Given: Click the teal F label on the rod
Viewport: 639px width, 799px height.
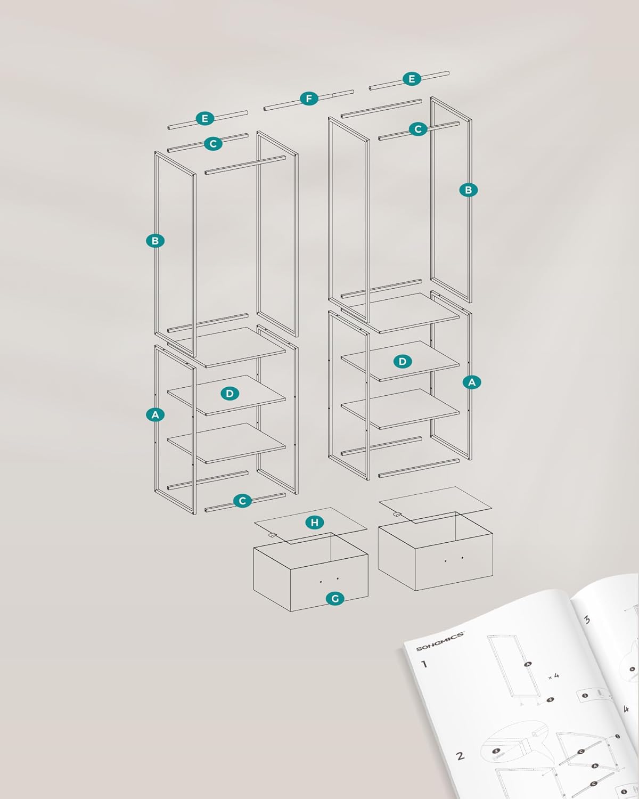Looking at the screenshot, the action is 309,99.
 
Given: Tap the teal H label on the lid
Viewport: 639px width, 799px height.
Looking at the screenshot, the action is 315,523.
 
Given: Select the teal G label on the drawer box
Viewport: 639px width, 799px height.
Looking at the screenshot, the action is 335,599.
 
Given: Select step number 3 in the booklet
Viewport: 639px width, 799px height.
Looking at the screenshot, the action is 587,619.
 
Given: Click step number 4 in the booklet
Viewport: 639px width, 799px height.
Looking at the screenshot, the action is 626,709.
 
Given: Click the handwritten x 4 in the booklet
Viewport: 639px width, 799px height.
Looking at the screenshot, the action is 554,676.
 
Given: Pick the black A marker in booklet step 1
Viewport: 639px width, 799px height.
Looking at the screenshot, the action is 528,664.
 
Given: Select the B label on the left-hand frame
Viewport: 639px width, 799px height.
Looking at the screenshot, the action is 155,241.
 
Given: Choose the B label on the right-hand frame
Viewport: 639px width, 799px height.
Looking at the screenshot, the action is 469,190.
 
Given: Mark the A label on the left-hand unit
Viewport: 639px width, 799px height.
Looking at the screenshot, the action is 155,415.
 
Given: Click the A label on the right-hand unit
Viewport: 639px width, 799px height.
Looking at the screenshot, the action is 472,382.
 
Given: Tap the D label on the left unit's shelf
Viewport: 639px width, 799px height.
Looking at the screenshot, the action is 230,394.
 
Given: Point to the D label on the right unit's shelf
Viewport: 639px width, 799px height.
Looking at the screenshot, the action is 403,362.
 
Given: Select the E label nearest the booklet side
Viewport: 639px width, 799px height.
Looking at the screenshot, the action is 412,79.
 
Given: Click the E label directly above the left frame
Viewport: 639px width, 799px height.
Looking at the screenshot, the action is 205,119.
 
